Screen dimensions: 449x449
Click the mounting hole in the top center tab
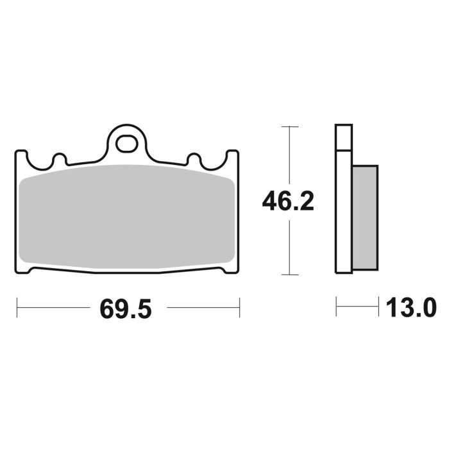click(127, 142)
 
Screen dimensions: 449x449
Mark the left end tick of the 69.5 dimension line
click(17, 307)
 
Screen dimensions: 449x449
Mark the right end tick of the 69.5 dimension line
click(239, 307)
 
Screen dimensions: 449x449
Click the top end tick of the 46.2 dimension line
click(290, 126)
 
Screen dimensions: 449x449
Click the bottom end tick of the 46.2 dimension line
click(290, 275)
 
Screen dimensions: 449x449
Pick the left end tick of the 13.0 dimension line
click(336, 307)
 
